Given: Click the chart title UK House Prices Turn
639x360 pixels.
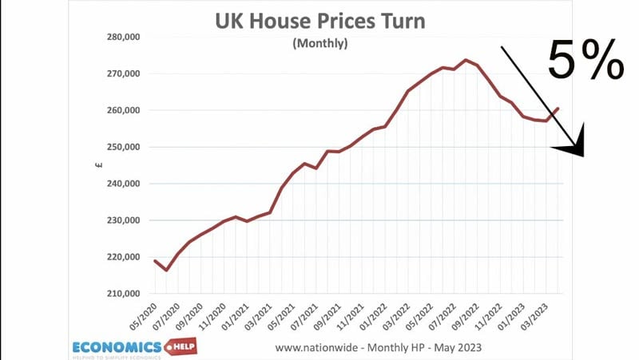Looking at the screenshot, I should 319,20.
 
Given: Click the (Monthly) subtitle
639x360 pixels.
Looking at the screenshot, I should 320,45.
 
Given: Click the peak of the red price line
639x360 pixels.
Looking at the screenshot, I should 466,60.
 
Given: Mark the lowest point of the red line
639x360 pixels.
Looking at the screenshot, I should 166,271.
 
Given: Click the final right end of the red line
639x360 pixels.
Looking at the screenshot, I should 559,108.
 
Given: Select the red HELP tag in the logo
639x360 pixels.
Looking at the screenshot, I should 178,346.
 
